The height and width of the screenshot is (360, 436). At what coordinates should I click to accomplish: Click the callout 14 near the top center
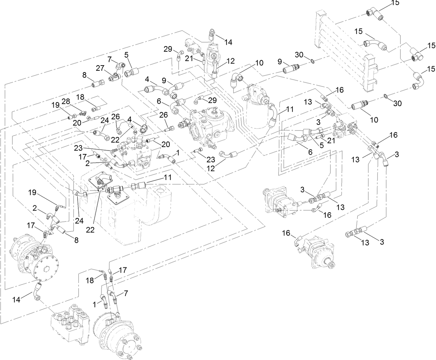(x=228, y=42)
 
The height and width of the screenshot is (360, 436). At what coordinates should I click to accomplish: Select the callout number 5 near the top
(x=126, y=54)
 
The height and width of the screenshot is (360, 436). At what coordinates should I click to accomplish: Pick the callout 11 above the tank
(x=168, y=177)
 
